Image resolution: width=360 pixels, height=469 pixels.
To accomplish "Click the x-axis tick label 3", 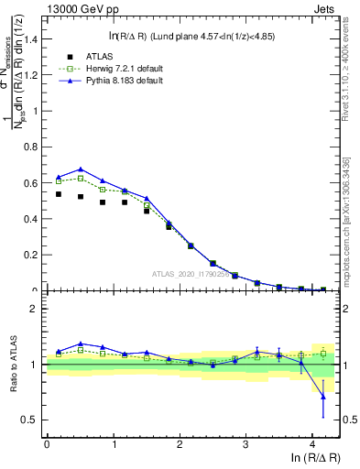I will pyautogui.click(x=246, y=444).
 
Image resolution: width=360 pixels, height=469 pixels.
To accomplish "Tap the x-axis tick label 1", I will pyautogui.click(x=113, y=444).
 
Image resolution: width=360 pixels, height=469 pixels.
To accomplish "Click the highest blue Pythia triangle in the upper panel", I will pyautogui.click(x=81, y=169).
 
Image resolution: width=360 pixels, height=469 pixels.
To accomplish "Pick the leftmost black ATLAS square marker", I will pyautogui.click(x=59, y=194).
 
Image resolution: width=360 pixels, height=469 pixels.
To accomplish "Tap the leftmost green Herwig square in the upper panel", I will pyautogui.click(x=59, y=181).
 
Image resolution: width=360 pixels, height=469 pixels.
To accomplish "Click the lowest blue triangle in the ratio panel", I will pyautogui.click(x=322, y=396).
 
